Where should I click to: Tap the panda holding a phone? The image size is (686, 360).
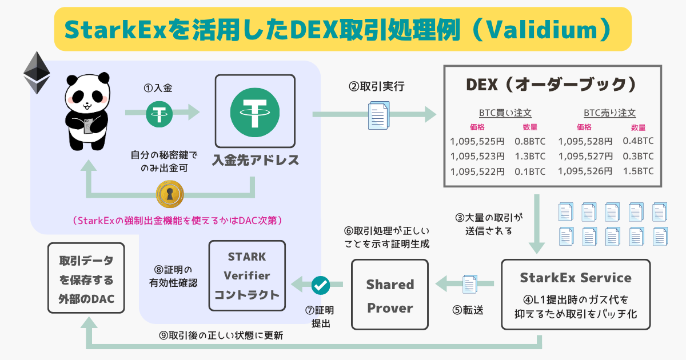click(x=85, y=111)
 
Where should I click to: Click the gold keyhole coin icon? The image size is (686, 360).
click(x=169, y=195)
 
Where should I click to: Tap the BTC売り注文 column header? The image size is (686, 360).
click(x=609, y=113)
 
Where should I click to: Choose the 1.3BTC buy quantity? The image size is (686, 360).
click(x=530, y=156)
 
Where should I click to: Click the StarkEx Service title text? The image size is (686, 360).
click(x=576, y=278)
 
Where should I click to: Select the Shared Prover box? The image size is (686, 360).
click(x=390, y=295)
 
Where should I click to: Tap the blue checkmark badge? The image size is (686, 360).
click(x=321, y=284)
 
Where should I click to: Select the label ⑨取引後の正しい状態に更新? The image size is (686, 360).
click(x=221, y=336)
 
